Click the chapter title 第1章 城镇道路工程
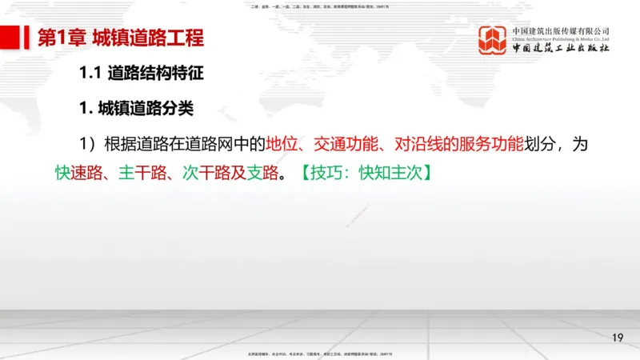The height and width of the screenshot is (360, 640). click(x=120, y=38)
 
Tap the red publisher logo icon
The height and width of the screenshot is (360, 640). click(x=493, y=40)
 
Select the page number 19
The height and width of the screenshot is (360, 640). click(x=617, y=337)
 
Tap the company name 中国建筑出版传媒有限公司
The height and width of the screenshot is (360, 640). click(x=561, y=29)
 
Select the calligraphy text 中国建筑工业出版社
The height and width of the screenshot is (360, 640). click(x=561, y=48)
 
